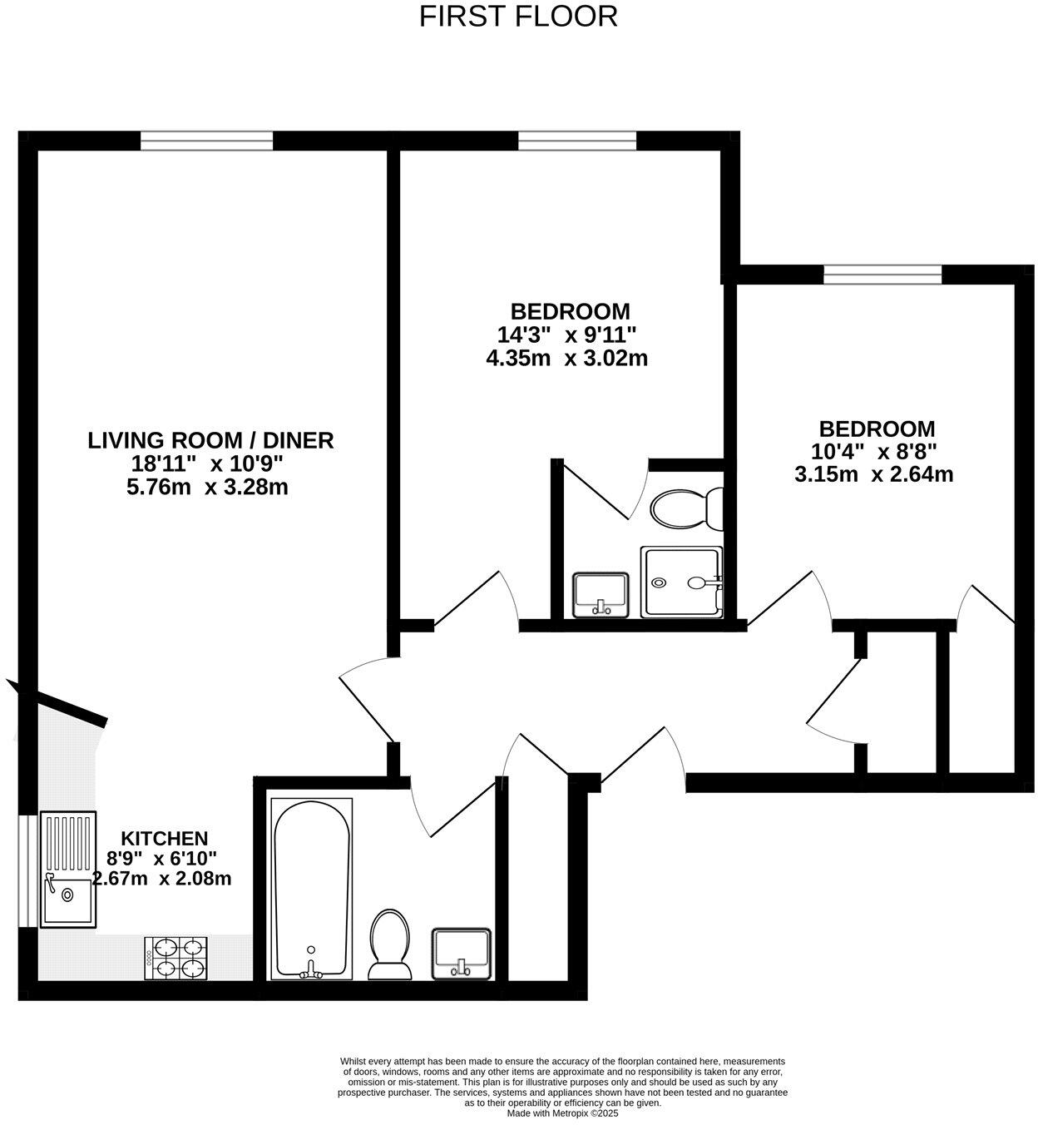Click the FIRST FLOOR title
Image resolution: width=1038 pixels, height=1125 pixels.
[518, 17]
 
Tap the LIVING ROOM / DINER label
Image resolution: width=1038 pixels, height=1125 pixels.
[210, 440]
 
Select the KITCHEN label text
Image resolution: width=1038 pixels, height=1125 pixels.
[165, 838]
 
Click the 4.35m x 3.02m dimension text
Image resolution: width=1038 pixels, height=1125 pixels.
[566, 359]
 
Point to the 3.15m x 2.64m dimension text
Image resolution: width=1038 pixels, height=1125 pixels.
[873, 475]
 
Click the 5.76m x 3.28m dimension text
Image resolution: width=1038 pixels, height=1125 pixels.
[207, 488]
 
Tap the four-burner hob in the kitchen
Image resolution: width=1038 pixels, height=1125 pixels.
[175, 958]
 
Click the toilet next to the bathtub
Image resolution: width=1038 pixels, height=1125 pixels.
[389, 944]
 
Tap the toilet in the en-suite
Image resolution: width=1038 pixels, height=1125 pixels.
[687, 508]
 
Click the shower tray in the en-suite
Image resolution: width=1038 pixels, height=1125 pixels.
[681, 582]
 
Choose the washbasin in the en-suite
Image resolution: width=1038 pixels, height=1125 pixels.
[601, 594]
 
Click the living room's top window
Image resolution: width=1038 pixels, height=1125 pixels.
[206, 141]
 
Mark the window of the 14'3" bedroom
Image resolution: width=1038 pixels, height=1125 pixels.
[577, 141]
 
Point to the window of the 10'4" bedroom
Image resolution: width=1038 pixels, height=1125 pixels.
[882, 275]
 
